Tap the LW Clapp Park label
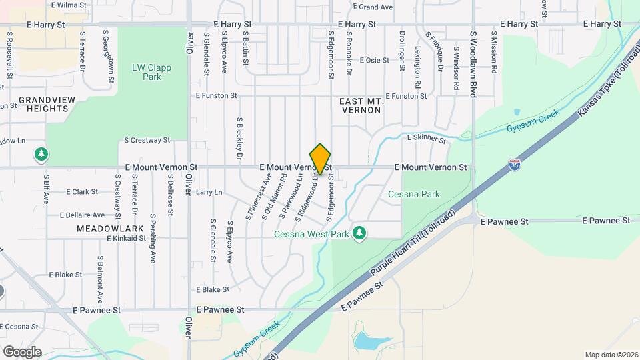[147, 72]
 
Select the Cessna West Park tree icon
[360, 233]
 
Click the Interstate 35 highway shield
[514, 164]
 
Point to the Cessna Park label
[414, 195]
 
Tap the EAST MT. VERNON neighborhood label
[361, 105]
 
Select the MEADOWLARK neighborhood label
[101, 228]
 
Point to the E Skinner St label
[427, 138]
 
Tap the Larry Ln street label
[209, 192]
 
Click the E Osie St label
[374, 60]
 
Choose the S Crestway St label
[147, 141]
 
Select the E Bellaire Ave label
[82, 215]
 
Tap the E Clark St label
[83, 192]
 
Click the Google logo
[21, 351]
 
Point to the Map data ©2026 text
[609, 355]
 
